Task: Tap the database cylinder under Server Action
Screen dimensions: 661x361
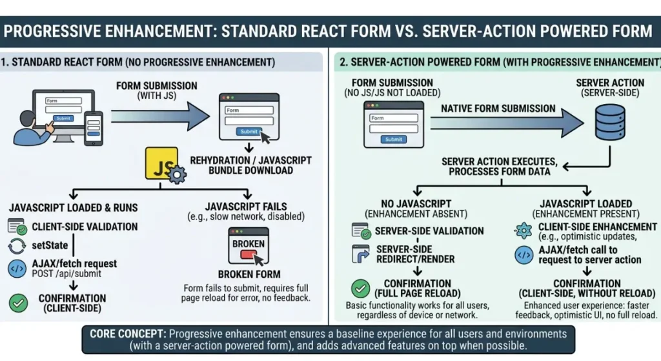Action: point(610,122)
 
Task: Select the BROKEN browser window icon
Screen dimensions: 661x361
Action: point(249,246)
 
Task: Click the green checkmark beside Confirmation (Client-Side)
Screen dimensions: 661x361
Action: point(18,303)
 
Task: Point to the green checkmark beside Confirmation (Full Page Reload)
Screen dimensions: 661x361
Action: point(360,289)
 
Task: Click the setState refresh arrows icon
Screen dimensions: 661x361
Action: point(17,246)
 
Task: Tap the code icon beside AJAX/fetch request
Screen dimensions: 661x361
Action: point(17,268)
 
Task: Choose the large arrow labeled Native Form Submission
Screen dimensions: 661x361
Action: point(507,123)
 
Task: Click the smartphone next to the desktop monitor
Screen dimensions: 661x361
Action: point(94,129)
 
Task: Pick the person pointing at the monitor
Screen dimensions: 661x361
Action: point(32,129)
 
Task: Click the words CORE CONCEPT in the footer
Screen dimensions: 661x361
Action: point(128,334)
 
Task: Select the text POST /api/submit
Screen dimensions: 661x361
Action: point(66,274)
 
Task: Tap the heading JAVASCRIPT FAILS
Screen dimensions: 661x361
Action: point(246,207)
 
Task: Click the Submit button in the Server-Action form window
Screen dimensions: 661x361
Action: point(394,139)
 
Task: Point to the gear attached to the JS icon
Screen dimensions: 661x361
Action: point(177,174)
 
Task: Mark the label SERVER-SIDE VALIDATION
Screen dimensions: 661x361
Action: point(429,231)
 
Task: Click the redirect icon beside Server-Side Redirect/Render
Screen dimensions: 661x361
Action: point(360,254)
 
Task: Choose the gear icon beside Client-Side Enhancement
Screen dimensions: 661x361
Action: point(524,231)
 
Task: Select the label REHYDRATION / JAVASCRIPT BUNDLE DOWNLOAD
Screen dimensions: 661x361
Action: point(251,165)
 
